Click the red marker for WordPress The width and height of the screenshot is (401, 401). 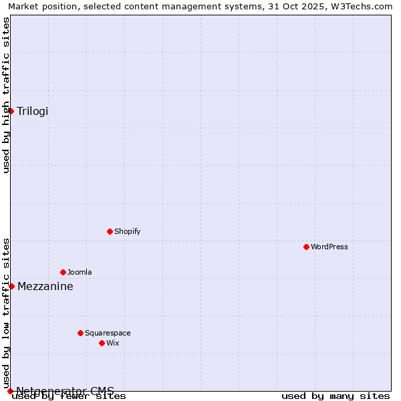pyautogui.click(x=307, y=247)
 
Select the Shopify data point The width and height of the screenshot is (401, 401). pyautogui.click(x=110, y=231)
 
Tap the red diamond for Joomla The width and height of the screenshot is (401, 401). pyautogui.click(x=63, y=272)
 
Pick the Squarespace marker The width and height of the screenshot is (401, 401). pyautogui.click(x=81, y=333)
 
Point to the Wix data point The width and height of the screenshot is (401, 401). pyautogui.click(x=102, y=343)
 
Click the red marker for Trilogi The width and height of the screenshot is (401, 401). pyautogui.click(x=11, y=111)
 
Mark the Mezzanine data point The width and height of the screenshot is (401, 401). pyautogui.click(x=11, y=286)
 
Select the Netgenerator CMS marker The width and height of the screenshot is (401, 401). pyautogui.click(x=10, y=391)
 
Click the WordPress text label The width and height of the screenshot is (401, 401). pyautogui.click(x=329, y=247)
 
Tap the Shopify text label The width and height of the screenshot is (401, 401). pyautogui.click(x=127, y=231)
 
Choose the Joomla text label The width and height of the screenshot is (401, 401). pyautogui.click(x=80, y=272)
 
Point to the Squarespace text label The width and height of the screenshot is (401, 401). pyautogui.click(x=108, y=333)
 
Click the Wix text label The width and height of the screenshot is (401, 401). pyautogui.click(x=113, y=343)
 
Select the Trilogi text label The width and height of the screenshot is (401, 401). pyautogui.click(x=33, y=111)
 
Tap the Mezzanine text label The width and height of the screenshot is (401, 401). pyautogui.click(x=45, y=286)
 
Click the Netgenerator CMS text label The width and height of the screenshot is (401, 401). pyautogui.click(x=65, y=391)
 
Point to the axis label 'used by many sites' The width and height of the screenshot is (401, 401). pyautogui.click(x=336, y=396)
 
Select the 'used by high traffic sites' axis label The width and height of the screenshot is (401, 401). pyautogui.click(x=7, y=95)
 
